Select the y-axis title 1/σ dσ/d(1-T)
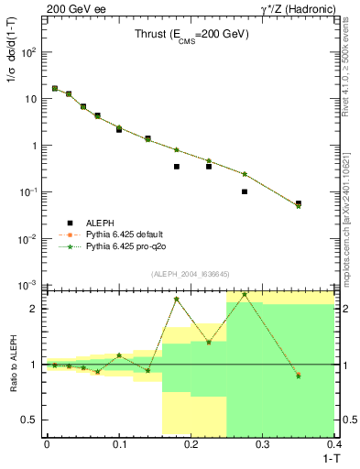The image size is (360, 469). [13, 55]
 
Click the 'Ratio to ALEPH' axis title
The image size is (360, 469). [13, 364]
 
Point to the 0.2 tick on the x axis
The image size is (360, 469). [191, 443]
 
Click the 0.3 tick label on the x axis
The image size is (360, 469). [263, 443]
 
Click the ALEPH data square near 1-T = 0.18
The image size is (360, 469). [177, 167]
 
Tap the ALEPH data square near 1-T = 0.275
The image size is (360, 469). [245, 191]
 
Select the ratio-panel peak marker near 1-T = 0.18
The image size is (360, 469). [177, 299]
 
